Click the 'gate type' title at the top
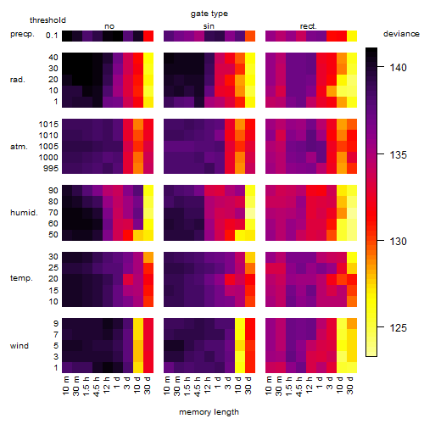(209, 14)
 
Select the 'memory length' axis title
(209, 412)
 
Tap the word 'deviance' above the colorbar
(401, 34)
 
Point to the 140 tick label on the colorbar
(398, 68)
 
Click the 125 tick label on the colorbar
(398, 328)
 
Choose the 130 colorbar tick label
(398, 242)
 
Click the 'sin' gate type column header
(209, 26)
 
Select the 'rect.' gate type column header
(308, 26)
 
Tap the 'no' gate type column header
(109, 26)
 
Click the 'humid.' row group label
(24, 212)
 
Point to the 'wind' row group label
(20, 345)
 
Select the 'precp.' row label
(22, 34)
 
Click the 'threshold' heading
(47, 20)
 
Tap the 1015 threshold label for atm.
(48, 125)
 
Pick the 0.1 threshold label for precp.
(52, 36)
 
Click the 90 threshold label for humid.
(53, 190)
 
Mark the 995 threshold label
(51, 169)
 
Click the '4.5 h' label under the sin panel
(198, 387)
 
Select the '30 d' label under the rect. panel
(350, 385)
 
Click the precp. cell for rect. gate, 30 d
(352, 36)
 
